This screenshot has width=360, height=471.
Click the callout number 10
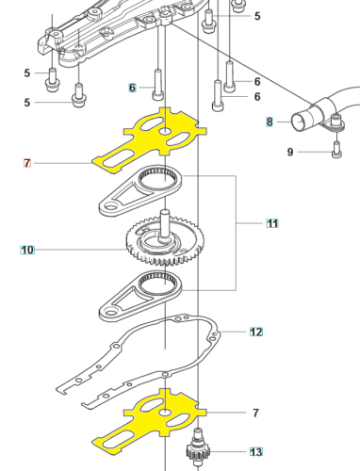coord(27,250)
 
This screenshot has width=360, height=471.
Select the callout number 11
coord(272,223)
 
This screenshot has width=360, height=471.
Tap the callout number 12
coord(256,332)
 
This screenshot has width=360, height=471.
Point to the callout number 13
coord(256,451)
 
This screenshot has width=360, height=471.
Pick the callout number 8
coord(270,122)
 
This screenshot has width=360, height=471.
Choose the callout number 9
coord(290,152)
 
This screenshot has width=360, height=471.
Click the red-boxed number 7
coord(27,163)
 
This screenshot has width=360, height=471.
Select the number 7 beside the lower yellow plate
coord(255,413)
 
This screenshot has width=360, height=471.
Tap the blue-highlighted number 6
coord(132,88)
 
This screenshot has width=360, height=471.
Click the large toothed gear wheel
coord(165,241)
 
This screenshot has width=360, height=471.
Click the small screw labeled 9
coord(336,150)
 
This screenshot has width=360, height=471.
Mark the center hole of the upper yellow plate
coord(166,131)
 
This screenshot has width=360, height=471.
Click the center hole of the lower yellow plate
coord(166,412)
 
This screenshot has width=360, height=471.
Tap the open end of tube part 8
coord(300,122)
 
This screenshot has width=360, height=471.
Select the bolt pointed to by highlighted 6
coord(158,85)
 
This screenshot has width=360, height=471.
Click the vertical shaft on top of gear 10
coord(165,224)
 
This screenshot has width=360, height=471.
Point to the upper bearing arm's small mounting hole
coord(110,206)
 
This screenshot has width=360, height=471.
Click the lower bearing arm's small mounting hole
coord(110,313)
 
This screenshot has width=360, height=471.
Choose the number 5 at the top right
coord(257,16)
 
